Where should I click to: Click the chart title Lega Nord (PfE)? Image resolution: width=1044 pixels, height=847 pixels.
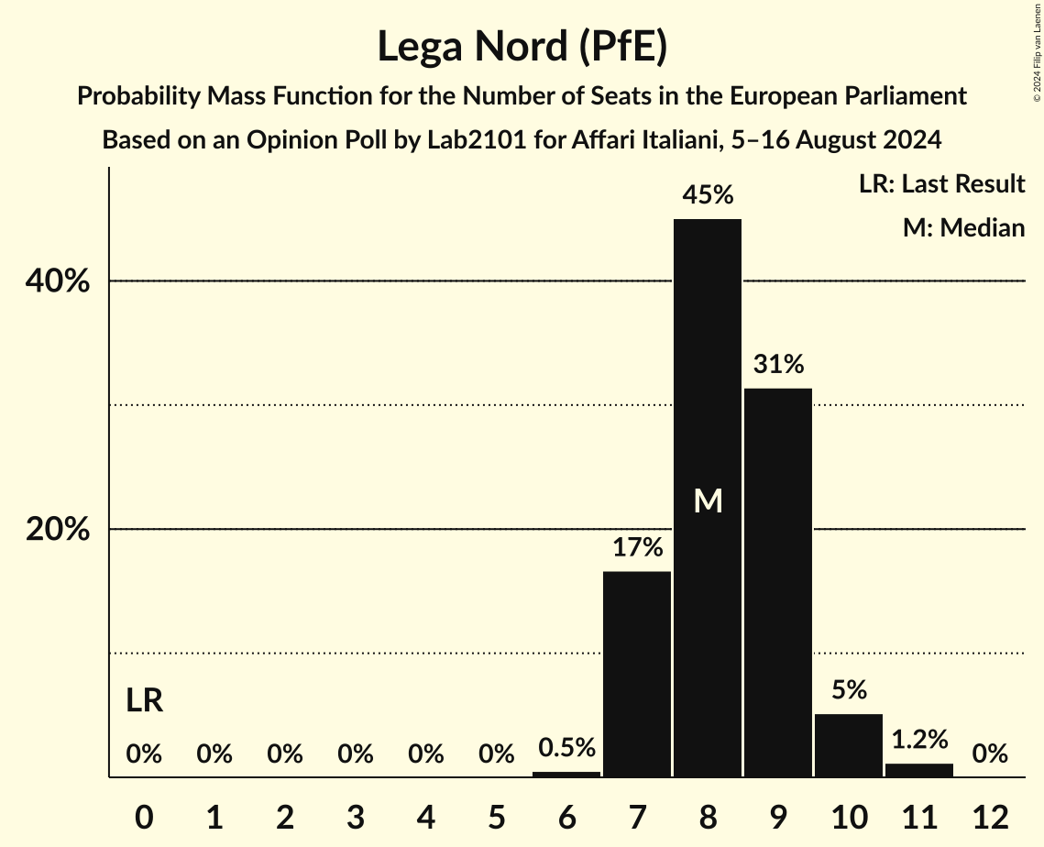point(522,46)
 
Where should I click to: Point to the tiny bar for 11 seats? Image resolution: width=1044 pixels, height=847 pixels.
point(919,770)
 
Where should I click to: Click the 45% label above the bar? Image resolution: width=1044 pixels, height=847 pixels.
point(708,195)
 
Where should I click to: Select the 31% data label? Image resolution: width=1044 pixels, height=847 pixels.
point(778,365)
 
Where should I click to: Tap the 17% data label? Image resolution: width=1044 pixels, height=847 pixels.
point(637,548)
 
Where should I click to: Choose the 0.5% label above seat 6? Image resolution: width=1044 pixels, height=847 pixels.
point(566,748)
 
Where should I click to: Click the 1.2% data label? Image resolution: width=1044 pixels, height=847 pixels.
point(919,740)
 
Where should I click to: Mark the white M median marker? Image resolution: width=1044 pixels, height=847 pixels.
point(708,500)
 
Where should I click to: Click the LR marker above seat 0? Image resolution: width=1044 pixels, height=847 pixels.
point(144,701)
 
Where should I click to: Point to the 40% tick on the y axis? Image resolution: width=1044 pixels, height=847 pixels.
point(57,281)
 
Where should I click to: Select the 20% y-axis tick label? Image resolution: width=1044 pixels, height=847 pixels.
point(57,530)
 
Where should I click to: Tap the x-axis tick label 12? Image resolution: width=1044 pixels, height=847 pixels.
point(990,817)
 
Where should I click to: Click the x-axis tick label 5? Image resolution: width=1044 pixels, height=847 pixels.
point(496,817)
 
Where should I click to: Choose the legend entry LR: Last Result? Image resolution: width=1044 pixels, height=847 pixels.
point(941,184)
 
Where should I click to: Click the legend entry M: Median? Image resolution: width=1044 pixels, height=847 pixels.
point(963,227)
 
